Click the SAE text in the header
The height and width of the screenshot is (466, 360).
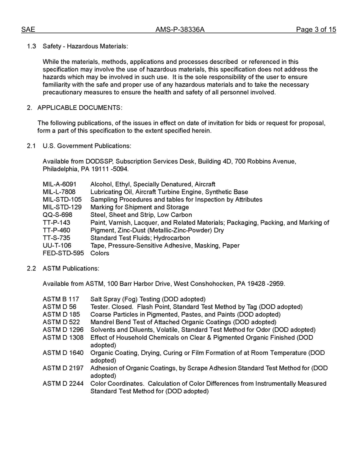(x=28, y=30)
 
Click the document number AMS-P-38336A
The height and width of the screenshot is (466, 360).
(x=180, y=30)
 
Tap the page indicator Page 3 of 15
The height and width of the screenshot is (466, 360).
(x=316, y=30)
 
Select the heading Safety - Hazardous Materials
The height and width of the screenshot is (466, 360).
(x=85, y=46)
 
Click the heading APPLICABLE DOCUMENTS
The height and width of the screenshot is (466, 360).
(x=80, y=108)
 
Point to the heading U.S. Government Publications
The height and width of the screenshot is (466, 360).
(x=87, y=146)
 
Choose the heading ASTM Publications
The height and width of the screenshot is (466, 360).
(x=71, y=269)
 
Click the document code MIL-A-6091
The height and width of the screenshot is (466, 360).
(x=59, y=185)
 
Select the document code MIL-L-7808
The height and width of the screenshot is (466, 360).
(x=59, y=192)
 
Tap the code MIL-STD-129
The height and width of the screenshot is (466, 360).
(x=62, y=207)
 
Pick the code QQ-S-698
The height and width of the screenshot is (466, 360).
(x=58, y=215)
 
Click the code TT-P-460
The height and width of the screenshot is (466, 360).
(x=56, y=230)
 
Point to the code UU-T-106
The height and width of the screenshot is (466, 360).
(x=57, y=246)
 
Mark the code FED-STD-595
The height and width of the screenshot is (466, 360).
(x=63, y=253)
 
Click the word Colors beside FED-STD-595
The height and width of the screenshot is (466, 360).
(x=100, y=253)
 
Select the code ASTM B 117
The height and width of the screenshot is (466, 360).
(x=61, y=299)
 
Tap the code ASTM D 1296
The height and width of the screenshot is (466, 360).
(x=63, y=330)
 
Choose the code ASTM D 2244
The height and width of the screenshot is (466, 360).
(x=63, y=383)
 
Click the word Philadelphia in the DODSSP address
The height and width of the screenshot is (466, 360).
(x=59, y=169)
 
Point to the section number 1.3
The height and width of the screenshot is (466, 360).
(x=31, y=46)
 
